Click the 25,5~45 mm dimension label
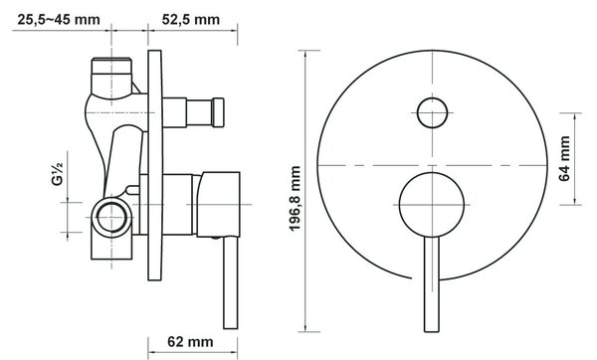click(x=59, y=20)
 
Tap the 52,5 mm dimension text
click(x=191, y=20)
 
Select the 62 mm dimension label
click(x=190, y=342)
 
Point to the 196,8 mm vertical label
click(x=296, y=198)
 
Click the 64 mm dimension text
click(x=564, y=158)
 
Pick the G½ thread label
click(x=57, y=173)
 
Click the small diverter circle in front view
click(x=432, y=112)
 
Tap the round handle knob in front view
click(x=432, y=205)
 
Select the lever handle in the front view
click(x=432, y=284)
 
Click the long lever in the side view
click(x=231, y=282)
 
